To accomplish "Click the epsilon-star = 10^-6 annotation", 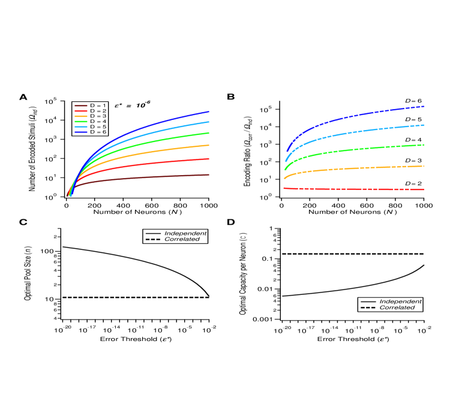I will point(132,105).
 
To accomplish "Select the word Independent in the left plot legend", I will point(185,233).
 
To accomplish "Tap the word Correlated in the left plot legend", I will point(182,239).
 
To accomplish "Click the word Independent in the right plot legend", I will point(400,301).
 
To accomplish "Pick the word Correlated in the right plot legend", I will point(397,307).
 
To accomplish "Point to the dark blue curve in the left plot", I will point(150,124).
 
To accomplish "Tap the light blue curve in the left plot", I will point(150,132).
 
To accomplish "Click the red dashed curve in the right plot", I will point(360,189).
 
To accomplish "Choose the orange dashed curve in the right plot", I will point(360,168).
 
